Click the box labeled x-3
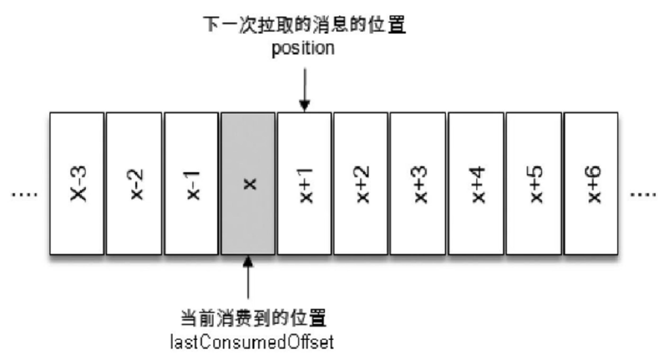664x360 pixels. (x=77, y=184)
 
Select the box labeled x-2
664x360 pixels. (x=134, y=184)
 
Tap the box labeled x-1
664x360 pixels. (x=191, y=184)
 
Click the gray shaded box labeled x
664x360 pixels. (x=248, y=184)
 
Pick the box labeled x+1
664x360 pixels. (x=304, y=184)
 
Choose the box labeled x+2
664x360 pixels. (x=361, y=184)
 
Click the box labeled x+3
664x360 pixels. (x=418, y=184)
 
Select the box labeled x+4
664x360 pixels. (x=476, y=184)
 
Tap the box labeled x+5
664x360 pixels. (x=534, y=184)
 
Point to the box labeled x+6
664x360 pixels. (x=591, y=184)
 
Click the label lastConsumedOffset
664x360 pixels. (x=252, y=342)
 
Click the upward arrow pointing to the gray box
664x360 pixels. (x=248, y=278)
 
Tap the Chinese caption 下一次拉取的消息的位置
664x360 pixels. (x=304, y=25)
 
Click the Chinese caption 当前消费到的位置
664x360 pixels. (x=254, y=318)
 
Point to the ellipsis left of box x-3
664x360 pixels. (x=24, y=195)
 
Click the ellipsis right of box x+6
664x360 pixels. (x=643, y=195)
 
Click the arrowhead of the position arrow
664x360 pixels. (x=305, y=106)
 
